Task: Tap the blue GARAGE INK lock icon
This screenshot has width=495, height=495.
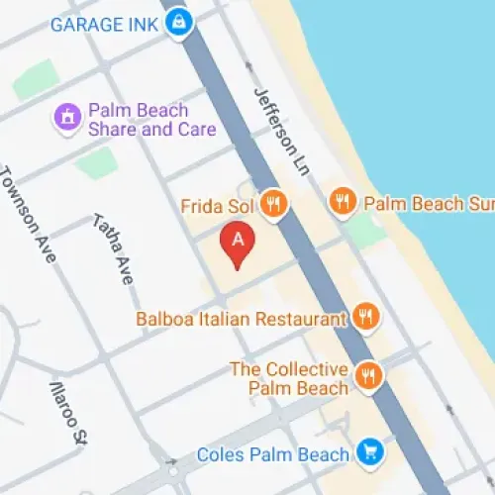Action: pos(178,21)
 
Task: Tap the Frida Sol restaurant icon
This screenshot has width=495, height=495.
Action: pos(273,206)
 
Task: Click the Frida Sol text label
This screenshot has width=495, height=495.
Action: pos(218,207)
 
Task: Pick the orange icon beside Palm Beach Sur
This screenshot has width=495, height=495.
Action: pos(342,203)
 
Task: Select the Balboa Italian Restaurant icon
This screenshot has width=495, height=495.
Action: pos(365,319)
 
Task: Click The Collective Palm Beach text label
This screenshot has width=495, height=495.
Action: pos(289,377)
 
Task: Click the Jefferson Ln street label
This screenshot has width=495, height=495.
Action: pos(282,133)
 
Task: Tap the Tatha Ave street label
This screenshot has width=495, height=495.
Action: pos(113,248)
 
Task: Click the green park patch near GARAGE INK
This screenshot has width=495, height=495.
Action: pos(36,79)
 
